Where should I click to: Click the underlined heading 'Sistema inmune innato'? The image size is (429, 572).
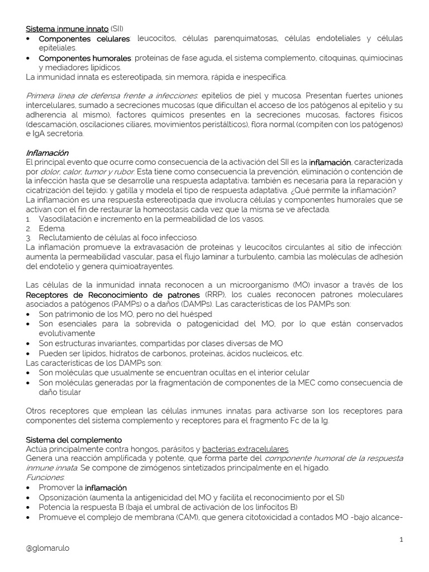click(67, 28)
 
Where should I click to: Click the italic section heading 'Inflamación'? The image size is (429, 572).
click(47, 152)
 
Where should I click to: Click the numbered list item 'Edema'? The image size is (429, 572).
click(52, 228)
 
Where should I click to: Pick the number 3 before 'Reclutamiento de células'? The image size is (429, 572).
click(28, 237)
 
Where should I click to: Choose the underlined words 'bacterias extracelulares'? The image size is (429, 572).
click(245, 449)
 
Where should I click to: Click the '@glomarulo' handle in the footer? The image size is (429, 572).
click(48, 548)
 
